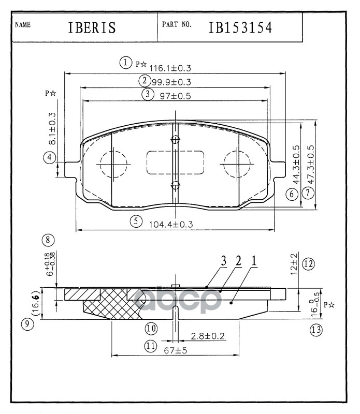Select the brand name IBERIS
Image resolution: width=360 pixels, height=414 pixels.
pyautogui.click(x=91, y=27)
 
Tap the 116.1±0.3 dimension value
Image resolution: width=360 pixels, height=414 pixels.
pyautogui.click(x=170, y=68)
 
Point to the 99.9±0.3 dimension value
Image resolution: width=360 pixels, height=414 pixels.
pyautogui.click(x=171, y=82)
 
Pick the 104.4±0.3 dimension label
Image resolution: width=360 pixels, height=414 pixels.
pyautogui.click(x=170, y=225)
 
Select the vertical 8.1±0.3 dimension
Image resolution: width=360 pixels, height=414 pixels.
pyautogui.click(x=52, y=128)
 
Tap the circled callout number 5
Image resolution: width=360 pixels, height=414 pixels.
pyautogui.click(x=136, y=221)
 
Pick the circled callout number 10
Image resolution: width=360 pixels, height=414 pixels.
pyautogui.click(x=151, y=328)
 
